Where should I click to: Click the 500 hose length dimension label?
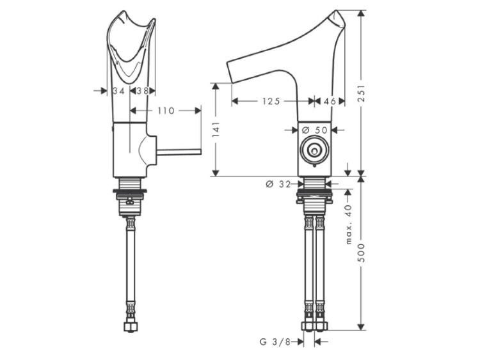(362, 253)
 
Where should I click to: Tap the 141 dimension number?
(216, 129)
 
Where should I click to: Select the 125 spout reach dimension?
(271, 101)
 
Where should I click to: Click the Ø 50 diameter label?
(315, 130)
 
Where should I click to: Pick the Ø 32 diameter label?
(278, 184)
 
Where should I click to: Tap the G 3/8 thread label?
(275, 341)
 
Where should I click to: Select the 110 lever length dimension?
(166, 111)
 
